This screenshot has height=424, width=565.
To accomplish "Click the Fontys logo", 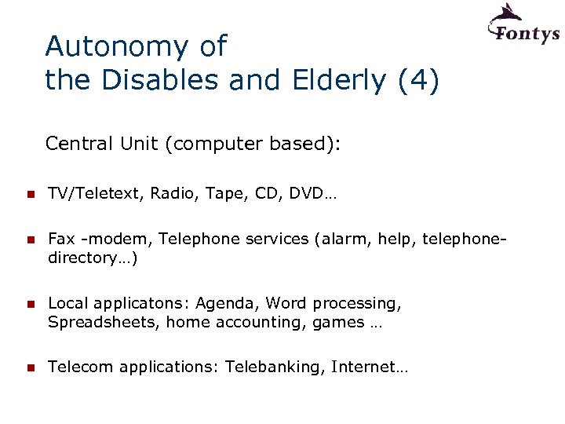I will pos(523,26).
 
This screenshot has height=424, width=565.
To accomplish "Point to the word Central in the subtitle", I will pos(79,144).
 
